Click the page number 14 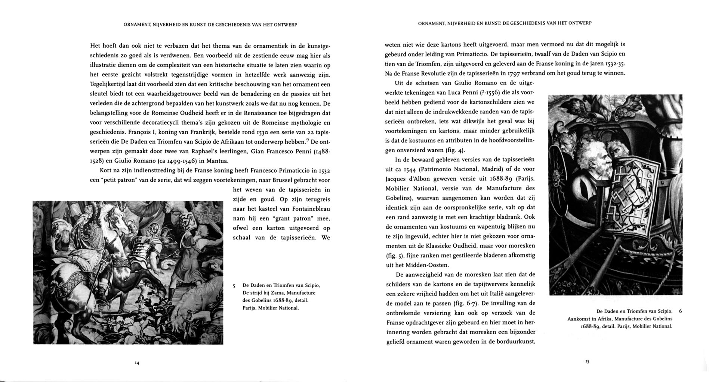137,363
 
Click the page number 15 587,361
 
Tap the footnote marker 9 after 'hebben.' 308,140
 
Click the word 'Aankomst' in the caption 578,319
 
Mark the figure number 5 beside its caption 234,286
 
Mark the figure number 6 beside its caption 680,311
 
